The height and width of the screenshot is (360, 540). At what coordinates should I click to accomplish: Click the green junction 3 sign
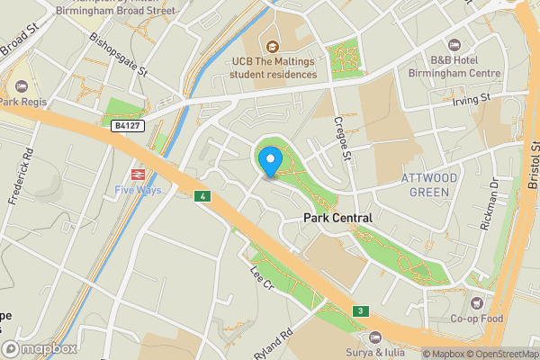tap(359, 310)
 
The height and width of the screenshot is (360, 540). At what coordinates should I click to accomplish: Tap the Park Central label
tap(338, 218)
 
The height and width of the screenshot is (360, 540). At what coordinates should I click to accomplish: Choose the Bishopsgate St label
tap(117, 58)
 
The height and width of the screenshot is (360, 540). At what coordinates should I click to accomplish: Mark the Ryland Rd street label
tap(274, 345)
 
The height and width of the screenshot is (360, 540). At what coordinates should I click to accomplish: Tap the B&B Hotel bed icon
tap(453, 45)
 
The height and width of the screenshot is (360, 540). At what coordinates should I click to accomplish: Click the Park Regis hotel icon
tap(22, 86)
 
